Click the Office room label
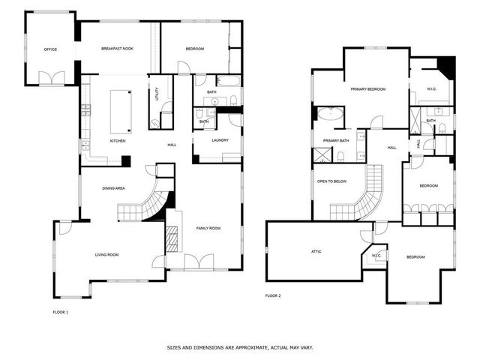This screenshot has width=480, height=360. (50, 49)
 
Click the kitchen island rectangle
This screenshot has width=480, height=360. (121, 110)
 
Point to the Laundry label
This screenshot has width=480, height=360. (220, 140)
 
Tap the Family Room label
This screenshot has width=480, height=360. (208, 227)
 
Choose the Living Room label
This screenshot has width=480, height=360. (106, 255)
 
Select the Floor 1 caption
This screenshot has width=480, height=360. (60, 311)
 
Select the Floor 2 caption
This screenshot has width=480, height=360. (273, 295)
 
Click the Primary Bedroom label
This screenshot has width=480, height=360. (367, 89)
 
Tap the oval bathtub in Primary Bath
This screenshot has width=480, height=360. (330, 115)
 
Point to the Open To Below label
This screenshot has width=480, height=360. (331, 181)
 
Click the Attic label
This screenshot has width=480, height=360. (316, 251)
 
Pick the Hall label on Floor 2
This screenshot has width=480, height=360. (391, 148)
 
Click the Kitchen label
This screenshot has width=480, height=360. (118, 141)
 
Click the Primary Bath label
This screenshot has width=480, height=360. (335, 141)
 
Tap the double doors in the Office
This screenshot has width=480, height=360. (51, 76)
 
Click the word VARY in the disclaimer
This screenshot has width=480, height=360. (305, 347)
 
